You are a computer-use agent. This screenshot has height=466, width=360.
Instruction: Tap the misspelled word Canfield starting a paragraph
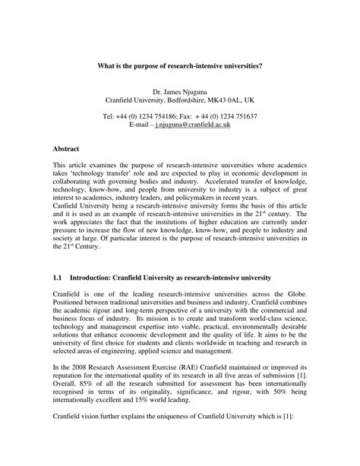click(x=66, y=206)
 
